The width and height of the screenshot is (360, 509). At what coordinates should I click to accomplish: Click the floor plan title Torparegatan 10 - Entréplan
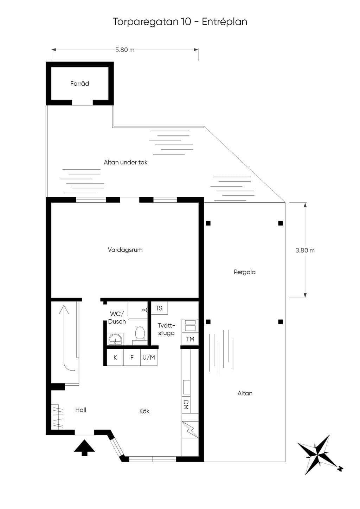point(180,22)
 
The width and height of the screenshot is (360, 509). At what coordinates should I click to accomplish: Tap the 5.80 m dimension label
point(124,50)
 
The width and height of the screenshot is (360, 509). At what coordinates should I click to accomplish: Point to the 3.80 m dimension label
point(305,250)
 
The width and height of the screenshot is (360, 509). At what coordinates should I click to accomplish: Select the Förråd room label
point(79,84)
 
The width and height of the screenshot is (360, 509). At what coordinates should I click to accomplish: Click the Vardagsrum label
point(125,250)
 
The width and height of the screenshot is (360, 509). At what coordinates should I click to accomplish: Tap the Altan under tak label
point(126,162)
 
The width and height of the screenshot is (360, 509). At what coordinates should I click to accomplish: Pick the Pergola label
point(245,272)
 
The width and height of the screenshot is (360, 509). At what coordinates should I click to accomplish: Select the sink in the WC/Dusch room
point(115,339)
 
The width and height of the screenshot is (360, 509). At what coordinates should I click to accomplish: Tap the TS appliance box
point(159,308)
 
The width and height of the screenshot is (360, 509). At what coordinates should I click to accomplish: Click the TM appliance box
point(190,339)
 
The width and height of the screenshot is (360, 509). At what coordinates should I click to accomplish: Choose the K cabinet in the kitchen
point(115,358)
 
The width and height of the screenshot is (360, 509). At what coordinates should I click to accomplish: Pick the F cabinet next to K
point(132,358)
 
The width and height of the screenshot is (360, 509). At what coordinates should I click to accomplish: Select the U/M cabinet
point(149,358)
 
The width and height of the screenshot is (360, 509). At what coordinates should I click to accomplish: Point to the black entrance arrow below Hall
point(84,448)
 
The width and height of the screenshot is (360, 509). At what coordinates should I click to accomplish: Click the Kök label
point(144,411)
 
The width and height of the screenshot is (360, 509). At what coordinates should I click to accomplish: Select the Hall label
point(81,410)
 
